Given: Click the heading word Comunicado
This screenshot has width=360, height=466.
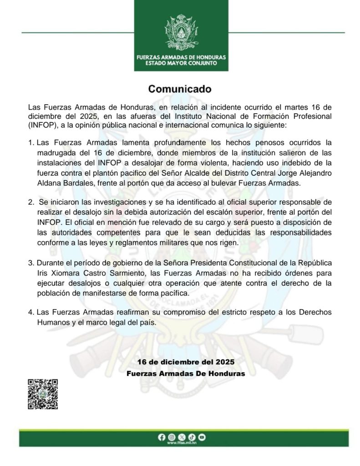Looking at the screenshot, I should tap(180, 88).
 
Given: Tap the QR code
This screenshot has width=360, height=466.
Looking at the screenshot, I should tap(43, 394).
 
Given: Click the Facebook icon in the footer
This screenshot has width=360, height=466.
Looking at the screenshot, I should tap(161, 437).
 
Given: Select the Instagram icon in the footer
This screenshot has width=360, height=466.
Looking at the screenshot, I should tap(171, 437).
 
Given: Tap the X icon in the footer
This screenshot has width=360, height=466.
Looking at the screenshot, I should tap(181, 437).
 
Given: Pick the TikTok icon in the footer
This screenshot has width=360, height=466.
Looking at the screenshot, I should tap(191, 437).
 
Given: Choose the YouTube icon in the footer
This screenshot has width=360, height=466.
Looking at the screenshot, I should tap(201, 437).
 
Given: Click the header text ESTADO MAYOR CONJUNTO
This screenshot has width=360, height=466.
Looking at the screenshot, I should tap(181, 63).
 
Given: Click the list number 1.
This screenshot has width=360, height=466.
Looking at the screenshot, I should tap(30, 142).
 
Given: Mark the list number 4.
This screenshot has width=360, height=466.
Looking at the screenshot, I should tap(30, 314).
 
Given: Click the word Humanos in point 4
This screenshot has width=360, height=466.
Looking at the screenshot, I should tap(52, 322).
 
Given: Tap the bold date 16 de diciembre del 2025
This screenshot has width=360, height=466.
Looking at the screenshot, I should tap(186, 362).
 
